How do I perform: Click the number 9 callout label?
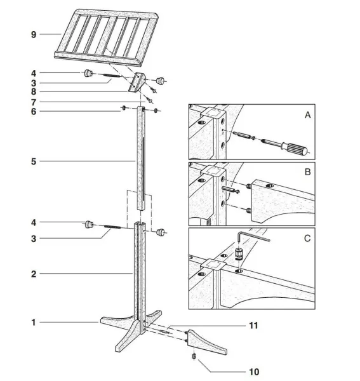[x=34, y=35]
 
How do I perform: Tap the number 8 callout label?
[x=34, y=91]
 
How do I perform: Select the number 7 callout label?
[x=34, y=102]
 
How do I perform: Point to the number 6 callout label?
[x=34, y=111]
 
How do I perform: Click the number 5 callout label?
[x=34, y=161]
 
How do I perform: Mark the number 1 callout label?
[x=34, y=323]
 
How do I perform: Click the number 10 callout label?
[x=254, y=371]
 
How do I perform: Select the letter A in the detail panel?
[x=307, y=116]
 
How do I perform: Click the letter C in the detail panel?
[x=307, y=239]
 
